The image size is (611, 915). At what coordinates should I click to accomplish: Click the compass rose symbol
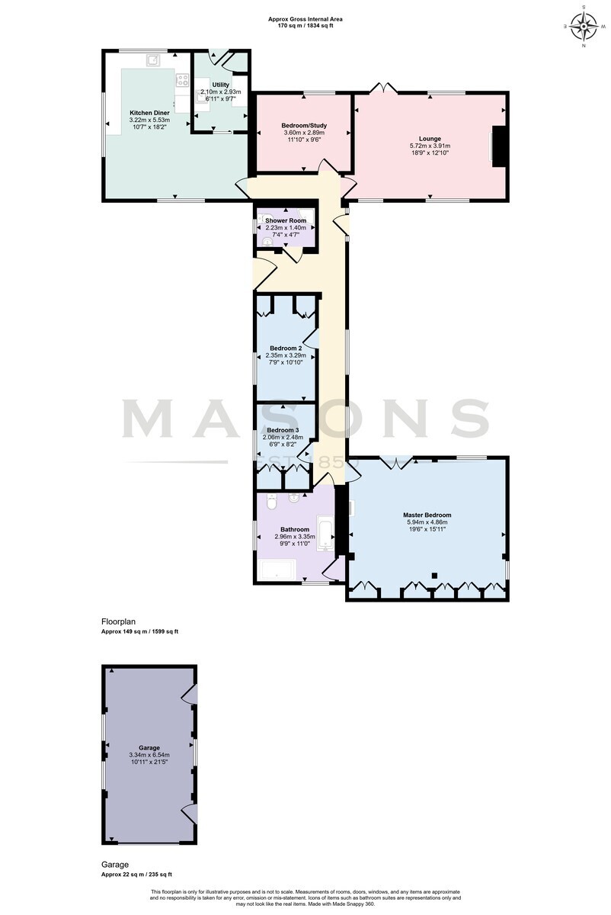[x=584, y=27]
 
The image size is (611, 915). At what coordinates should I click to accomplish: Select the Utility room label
[x=220, y=85]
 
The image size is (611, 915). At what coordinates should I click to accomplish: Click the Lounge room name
[x=430, y=139]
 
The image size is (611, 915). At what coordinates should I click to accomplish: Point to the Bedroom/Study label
[x=304, y=126]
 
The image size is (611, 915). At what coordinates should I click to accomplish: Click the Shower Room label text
[x=286, y=220]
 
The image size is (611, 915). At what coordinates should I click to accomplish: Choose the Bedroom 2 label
[x=286, y=348]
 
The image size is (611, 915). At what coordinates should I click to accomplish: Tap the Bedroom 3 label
[x=283, y=430]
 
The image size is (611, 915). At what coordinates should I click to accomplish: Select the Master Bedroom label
[x=427, y=515]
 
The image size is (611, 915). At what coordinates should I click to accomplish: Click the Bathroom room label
[x=295, y=529]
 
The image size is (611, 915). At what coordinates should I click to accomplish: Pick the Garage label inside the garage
[x=149, y=748]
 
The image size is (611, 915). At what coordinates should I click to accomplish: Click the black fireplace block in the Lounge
[x=499, y=146]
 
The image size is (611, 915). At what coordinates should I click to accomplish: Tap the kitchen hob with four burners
[x=181, y=79]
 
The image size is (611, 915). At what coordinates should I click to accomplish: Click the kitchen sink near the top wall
[x=153, y=60]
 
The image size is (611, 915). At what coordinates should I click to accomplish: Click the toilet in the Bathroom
[x=271, y=502]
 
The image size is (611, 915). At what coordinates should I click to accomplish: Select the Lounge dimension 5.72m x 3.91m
[x=430, y=146]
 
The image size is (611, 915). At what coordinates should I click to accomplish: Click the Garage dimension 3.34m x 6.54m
[x=149, y=756]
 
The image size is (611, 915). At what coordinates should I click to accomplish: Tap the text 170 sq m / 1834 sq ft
[x=305, y=25]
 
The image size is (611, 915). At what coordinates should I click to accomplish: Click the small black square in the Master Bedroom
[x=435, y=576]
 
